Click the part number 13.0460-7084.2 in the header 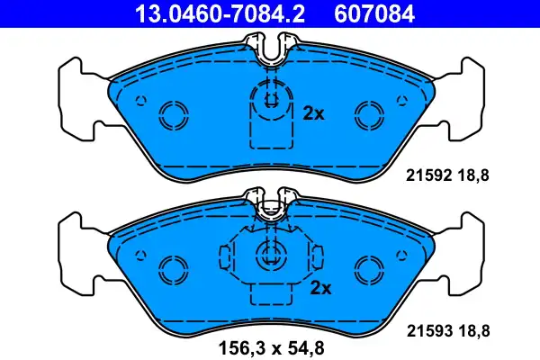coord(220,14)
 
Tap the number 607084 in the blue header coord(374,14)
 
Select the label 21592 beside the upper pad coord(428,175)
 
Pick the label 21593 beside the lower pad coord(429,331)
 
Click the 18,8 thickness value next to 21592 coord(473,175)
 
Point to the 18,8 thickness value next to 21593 coord(474,331)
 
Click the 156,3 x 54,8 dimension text coord(272,348)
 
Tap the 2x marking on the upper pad coord(313,113)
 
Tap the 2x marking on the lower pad coord(320,288)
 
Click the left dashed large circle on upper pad coord(174,103)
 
